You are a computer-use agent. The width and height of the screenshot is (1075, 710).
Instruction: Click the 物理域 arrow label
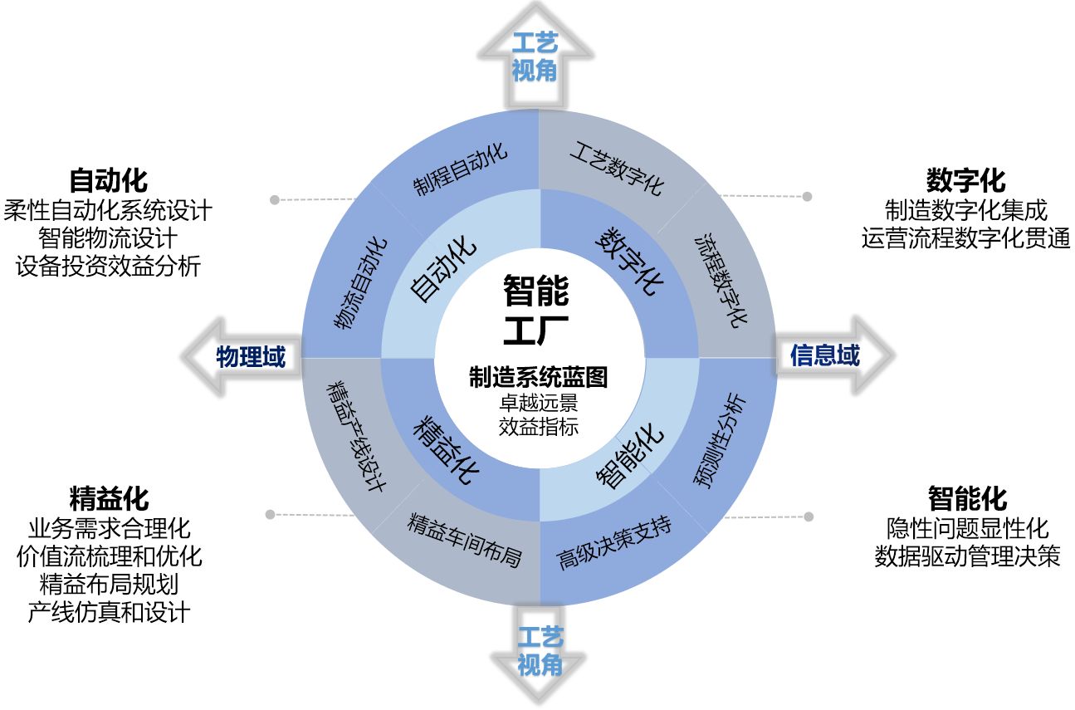(250, 358)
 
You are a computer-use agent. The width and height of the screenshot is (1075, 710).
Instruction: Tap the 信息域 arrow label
(824, 355)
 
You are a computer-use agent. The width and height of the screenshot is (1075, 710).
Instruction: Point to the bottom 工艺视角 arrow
(540, 651)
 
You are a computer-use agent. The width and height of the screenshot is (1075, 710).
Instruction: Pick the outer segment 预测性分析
(720, 441)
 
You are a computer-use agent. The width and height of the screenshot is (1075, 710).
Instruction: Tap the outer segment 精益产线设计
(356, 435)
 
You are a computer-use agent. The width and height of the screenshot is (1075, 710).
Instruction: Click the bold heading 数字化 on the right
(965, 180)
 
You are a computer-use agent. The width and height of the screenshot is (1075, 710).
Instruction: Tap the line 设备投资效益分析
(108, 267)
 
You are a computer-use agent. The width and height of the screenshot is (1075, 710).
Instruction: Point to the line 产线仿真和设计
(109, 612)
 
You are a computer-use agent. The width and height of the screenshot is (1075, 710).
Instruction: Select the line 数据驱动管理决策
(967, 556)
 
